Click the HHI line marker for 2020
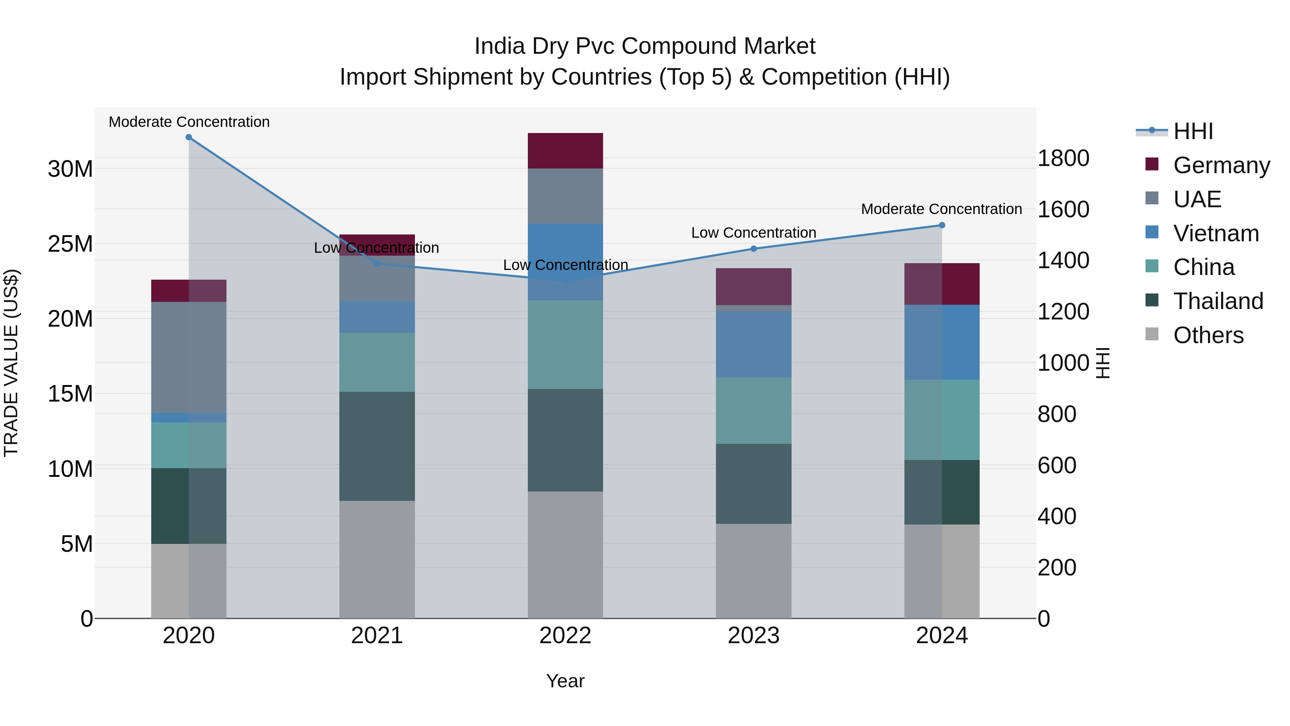coord(189,137)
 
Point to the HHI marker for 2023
coord(754,248)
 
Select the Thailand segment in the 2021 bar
coord(377,446)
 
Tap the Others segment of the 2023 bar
coord(754,571)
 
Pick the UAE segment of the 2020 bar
coord(189,357)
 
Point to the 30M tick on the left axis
coord(70,169)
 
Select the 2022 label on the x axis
coord(565,636)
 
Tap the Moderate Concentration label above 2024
coord(941,209)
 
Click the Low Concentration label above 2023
coord(754,233)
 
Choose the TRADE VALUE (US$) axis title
coord(11,363)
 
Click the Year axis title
coord(565,681)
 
